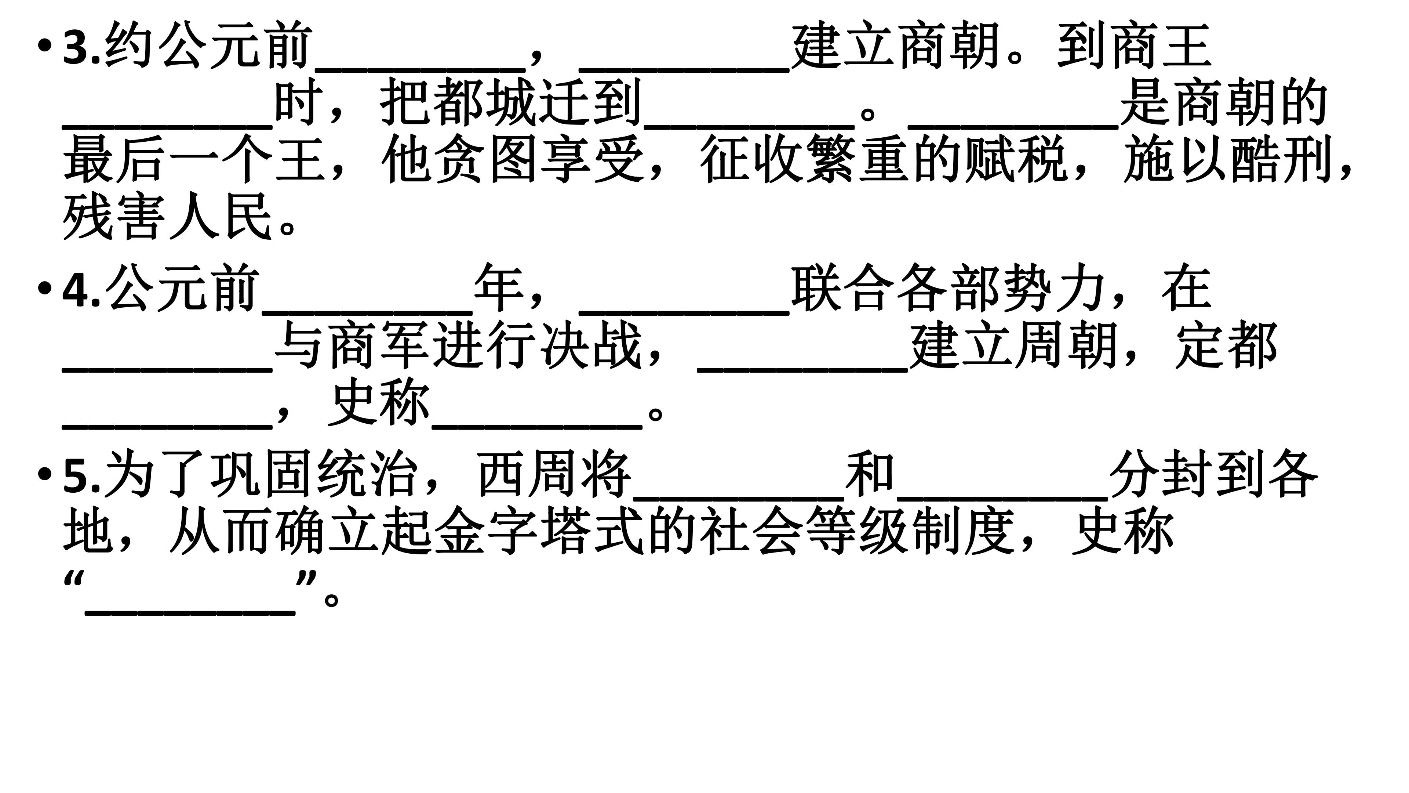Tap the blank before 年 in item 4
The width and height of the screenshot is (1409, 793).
pos(368,312)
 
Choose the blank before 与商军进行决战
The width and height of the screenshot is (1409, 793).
pos(167,369)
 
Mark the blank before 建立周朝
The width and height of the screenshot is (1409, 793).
pos(803,369)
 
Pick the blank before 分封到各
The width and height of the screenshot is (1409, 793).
pos(1002,499)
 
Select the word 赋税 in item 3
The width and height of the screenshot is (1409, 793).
pos(1016,159)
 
